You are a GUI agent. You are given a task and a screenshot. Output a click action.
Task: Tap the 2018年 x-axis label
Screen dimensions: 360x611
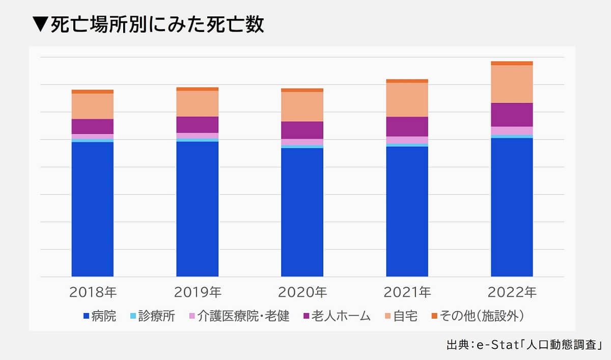tap(93, 292)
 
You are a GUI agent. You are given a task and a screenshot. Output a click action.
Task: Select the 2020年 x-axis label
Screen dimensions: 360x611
tap(302, 292)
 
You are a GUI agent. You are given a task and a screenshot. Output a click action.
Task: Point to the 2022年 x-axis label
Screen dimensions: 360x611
tap(512, 292)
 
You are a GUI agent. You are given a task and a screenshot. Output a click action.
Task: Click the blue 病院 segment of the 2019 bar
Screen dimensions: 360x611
tap(197, 209)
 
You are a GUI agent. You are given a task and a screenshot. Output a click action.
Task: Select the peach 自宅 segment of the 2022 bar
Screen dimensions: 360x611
tap(512, 84)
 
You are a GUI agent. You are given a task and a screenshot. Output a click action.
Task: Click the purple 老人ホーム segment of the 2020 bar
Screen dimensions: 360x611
tap(302, 130)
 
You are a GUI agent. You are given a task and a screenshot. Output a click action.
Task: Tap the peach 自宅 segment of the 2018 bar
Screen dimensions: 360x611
tap(92, 106)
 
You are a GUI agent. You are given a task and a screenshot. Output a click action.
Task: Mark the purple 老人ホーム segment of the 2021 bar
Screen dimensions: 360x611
tap(407, 126)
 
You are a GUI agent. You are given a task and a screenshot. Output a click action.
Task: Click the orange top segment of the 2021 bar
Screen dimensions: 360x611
tap(407, 80)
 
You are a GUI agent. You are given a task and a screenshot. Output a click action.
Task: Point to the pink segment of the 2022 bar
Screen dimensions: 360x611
tap(512, 130)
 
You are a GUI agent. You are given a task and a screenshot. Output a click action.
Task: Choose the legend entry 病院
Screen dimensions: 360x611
tap(99, 316)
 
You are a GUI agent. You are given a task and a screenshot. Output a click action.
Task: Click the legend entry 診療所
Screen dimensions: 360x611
tap(153, 316)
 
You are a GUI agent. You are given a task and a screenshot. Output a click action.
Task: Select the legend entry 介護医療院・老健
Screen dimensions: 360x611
tap(239, 316)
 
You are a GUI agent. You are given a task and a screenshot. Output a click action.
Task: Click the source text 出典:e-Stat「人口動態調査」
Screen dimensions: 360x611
tap(524, 345)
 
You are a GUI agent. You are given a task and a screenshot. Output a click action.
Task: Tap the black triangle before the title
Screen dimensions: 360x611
tap(39, 25)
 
